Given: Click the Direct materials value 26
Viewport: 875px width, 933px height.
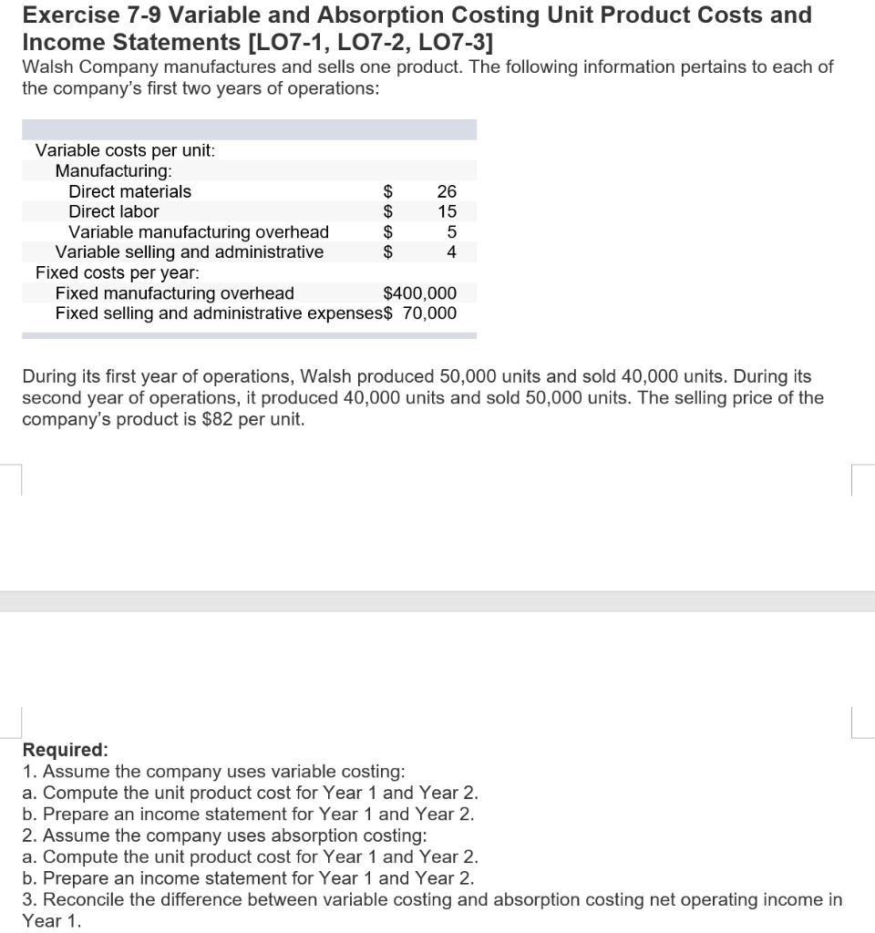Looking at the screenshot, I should tap(446, 191).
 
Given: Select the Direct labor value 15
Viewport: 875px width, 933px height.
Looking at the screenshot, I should tap(446, 211).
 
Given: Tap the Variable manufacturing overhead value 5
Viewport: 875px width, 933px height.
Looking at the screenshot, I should tap(450, 232).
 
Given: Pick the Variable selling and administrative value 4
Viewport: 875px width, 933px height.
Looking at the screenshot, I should tap(450, 252).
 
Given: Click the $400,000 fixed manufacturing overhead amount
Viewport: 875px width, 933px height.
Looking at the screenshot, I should tap(420, 293).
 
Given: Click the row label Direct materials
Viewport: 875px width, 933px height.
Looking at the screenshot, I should tap(130, 191).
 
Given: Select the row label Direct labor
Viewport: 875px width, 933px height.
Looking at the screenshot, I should tap(114, 211).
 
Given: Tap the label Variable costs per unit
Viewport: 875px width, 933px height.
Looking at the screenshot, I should tap(125, 150).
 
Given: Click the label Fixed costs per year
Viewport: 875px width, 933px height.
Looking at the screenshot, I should tap(118, 272).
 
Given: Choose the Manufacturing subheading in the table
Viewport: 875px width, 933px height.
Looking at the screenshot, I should tap(114, 170).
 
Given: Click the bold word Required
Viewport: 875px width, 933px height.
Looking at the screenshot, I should tap(65, 750).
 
